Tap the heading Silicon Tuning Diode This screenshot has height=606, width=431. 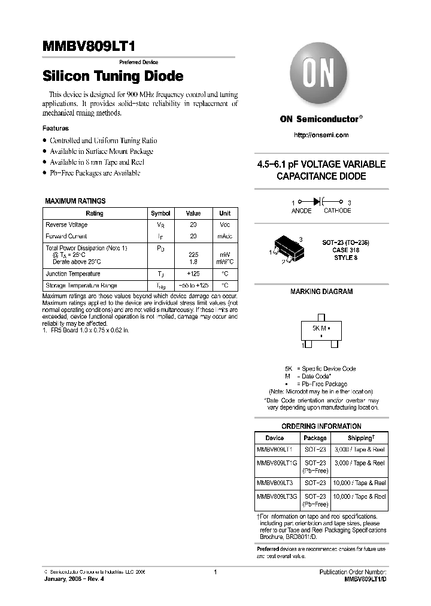(113, 77)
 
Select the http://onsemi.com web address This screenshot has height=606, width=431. (321, 135)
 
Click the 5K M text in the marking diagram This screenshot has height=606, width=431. (318, 329)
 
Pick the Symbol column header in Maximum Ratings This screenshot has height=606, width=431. (160, 213)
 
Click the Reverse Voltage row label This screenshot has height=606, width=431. (66, 225)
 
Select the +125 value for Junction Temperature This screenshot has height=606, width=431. (193, 274)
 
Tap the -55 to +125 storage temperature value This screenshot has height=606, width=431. (193, 286)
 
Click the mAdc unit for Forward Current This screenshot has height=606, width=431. (224, 237)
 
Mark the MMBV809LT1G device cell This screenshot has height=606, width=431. (275, 463)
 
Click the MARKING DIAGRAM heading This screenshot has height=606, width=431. (321, 292)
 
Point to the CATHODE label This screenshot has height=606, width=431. (337, 211)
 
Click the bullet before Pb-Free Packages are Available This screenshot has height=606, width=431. (45, 173)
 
